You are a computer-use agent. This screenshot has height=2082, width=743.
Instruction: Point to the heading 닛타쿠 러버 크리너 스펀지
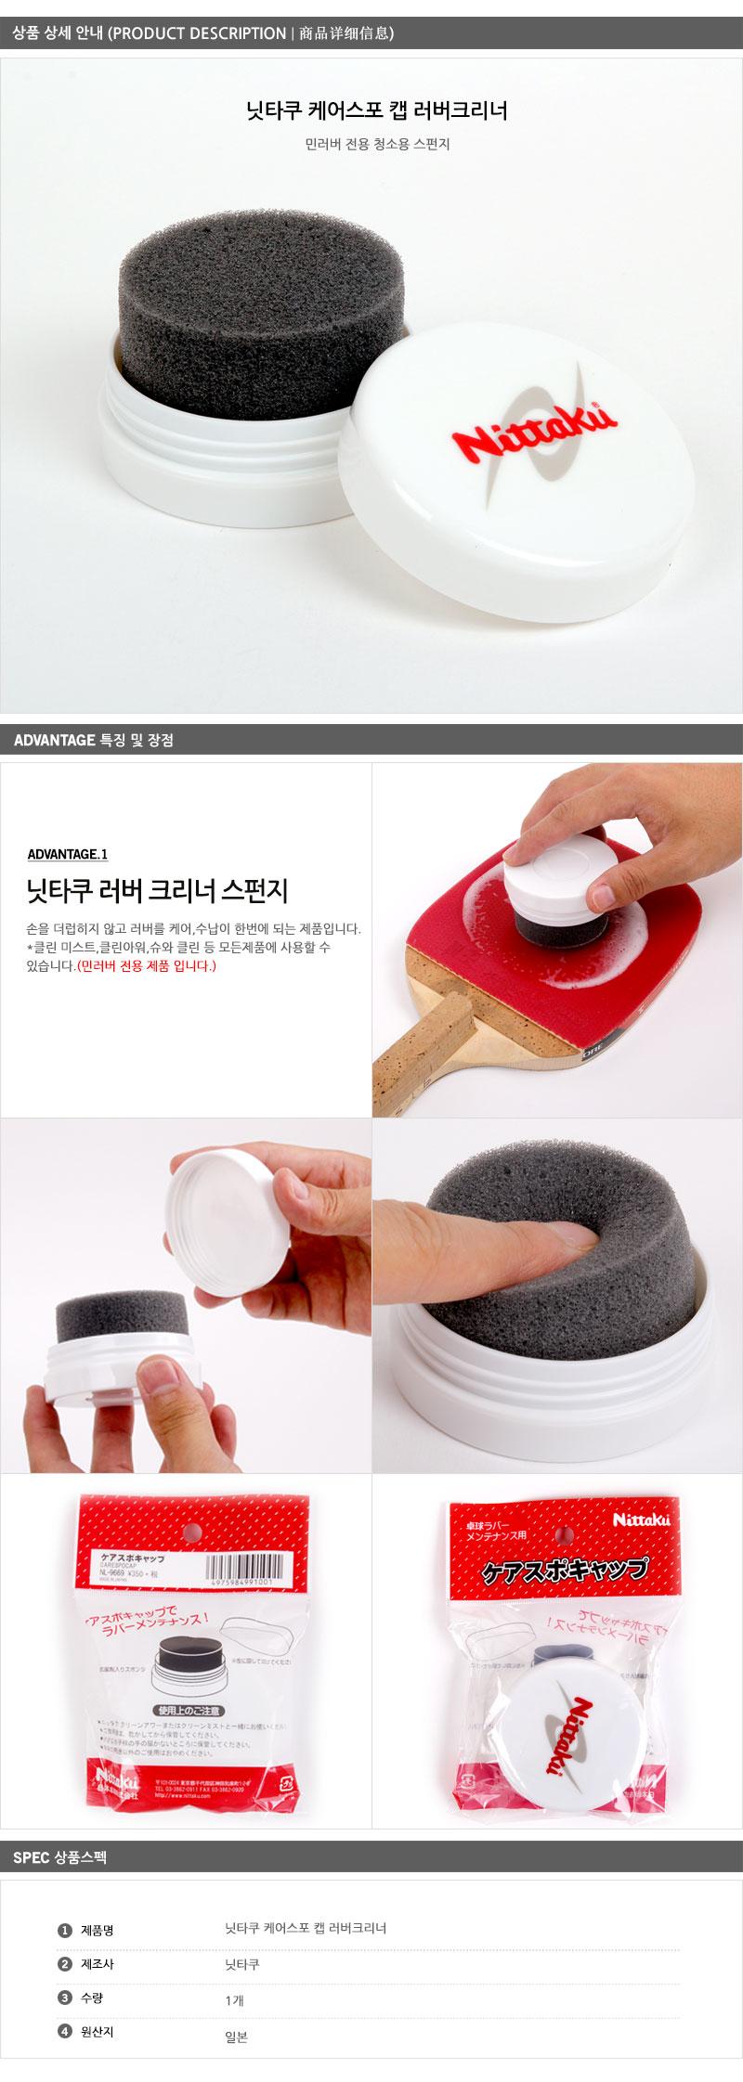[157, 891]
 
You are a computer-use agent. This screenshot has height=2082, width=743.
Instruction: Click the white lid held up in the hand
[221, 1196]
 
